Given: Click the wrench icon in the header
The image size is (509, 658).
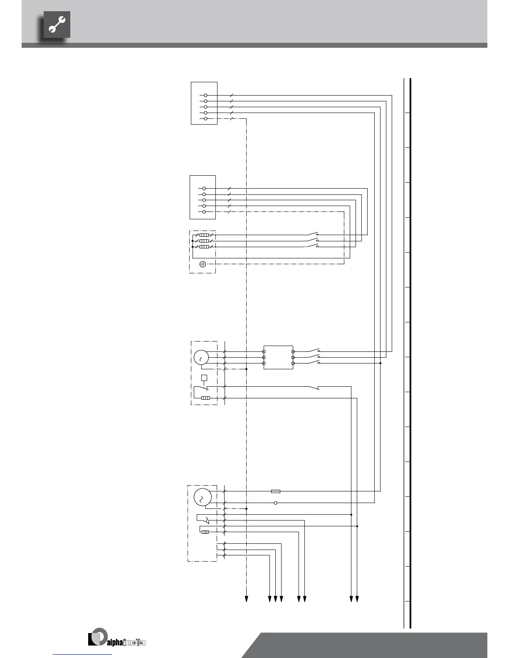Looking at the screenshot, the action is [57, 25].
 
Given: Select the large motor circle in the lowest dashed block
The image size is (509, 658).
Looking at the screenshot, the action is [203, 497].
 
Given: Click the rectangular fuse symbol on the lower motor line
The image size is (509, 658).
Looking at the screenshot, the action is [275, 491].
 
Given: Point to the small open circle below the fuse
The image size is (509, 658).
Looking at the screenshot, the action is [275, 503].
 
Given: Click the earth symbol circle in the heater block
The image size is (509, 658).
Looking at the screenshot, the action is [203, 264].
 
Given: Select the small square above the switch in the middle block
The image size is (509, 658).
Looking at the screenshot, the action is [204, 378].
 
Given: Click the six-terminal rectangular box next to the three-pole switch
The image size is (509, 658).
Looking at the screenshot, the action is [278, 357].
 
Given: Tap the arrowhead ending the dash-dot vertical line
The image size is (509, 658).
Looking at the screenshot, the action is [246, 599].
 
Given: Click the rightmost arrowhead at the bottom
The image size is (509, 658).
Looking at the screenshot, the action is [357, 599].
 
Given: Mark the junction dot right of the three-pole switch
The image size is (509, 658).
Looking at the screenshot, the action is [380, 363].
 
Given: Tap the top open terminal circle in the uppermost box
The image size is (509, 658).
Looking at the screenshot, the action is [205, 95].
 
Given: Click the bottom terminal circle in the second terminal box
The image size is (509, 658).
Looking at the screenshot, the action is [204, 212].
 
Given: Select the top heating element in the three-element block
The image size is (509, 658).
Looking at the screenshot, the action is [204, 235].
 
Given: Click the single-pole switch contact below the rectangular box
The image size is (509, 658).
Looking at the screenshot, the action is [314, 388].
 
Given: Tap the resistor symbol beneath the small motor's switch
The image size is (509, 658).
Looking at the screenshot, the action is [205, 398].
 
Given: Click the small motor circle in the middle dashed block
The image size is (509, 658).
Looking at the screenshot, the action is [201, 357].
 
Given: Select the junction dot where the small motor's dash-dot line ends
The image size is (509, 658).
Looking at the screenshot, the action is [247, 369].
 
